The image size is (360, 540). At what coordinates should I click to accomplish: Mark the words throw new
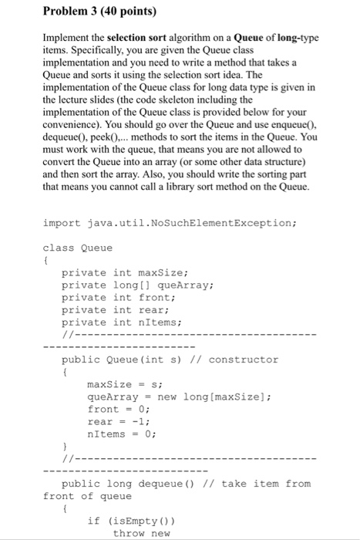(x=141, y=533)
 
